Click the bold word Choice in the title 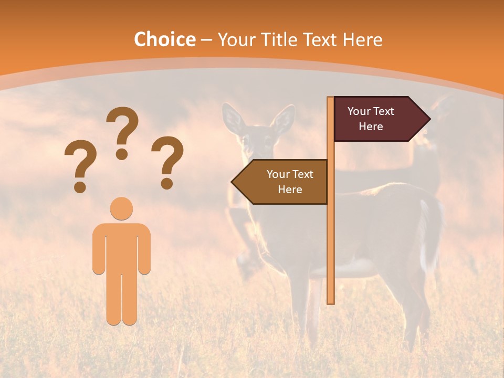coord(164,40)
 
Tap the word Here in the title coord(362,40)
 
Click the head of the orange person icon coord(121,209)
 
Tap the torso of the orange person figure coord(121,247)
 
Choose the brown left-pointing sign coord(283,182)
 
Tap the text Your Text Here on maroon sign coord(371,119)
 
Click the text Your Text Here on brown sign coord(290,182)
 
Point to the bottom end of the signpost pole coord(331,301)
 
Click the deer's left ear coord(231,118)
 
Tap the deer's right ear coord(285,120)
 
